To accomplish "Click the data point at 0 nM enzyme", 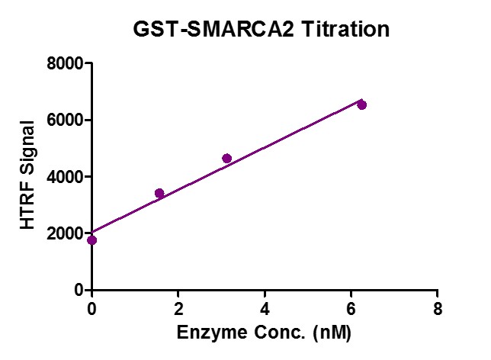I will point(92,240).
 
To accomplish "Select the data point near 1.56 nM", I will point(159,193).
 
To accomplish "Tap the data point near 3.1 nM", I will point(226,159).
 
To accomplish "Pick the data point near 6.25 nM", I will point(361,104).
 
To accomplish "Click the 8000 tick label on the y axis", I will point(63,64).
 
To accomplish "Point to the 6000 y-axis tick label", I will point(63,121).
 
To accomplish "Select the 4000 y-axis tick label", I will point(63,177).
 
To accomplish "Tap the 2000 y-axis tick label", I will point(63,233).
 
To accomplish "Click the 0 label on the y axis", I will point(77,290).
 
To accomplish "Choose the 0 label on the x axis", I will point(92,309).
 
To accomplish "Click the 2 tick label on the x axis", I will point(178,309).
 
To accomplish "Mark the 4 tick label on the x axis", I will point(265,309).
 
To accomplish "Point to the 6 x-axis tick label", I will point(351,309).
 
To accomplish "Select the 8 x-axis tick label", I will point(437,309).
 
